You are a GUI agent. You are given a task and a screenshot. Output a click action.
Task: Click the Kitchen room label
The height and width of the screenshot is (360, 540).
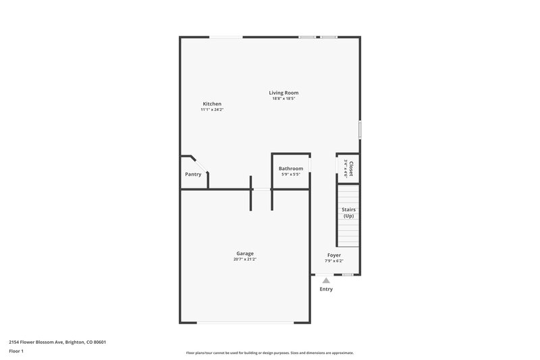coord(212,104)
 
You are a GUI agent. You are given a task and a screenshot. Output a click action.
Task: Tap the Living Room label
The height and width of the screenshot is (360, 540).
coord(283,93)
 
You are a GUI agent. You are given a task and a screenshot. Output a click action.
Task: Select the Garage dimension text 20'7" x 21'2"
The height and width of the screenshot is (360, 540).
coord(244,259)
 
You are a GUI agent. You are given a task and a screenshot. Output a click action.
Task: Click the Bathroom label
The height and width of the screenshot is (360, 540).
coord(291,168)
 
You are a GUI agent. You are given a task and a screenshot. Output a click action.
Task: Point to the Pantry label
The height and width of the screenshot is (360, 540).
coord(193,174)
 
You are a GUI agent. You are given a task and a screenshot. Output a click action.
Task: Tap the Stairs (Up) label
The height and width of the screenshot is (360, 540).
coord(348,213)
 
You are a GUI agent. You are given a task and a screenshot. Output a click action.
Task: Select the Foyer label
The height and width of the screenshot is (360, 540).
coord(334,255)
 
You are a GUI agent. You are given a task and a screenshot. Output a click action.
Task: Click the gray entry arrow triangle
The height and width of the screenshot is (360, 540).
coord(326,280)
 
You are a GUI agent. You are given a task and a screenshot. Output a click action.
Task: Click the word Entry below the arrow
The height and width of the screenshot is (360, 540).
coord(326,289)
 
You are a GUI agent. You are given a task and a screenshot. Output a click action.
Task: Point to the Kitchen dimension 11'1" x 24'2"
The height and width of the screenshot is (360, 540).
coord(212,109)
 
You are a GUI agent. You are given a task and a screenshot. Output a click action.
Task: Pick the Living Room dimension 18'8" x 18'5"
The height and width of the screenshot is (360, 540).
coord(283,99)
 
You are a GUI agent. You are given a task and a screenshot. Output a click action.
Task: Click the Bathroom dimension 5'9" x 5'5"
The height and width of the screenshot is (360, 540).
coord(291,174)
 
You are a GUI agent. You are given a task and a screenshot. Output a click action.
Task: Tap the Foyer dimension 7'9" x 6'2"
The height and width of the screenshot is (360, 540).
coord(334,261)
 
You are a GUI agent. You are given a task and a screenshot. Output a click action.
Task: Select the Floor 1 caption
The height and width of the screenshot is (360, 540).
coord(16,351)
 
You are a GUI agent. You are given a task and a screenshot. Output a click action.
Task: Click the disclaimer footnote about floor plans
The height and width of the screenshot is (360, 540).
coord(269,353)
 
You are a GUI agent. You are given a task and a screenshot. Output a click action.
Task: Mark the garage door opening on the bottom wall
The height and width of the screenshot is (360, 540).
coord(244,322)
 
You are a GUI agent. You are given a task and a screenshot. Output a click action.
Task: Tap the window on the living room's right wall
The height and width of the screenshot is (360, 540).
coord(360,129)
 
